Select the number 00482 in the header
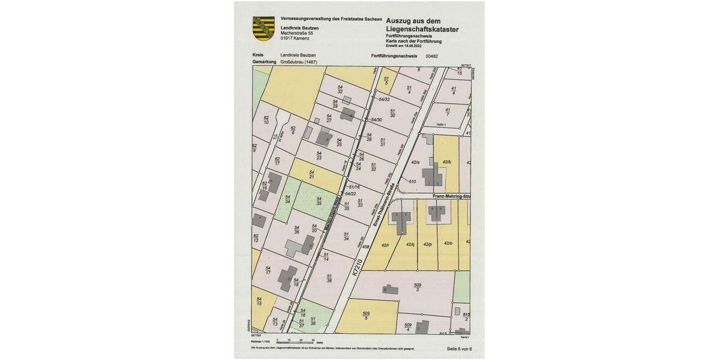432,55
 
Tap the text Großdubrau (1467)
298,62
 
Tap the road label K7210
358,267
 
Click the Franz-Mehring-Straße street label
449,196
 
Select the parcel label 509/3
418,287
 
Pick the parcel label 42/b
446,163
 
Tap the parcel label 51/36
329,278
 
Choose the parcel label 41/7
448,112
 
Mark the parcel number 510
412,181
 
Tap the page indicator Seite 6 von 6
460,349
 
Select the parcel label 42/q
410,244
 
